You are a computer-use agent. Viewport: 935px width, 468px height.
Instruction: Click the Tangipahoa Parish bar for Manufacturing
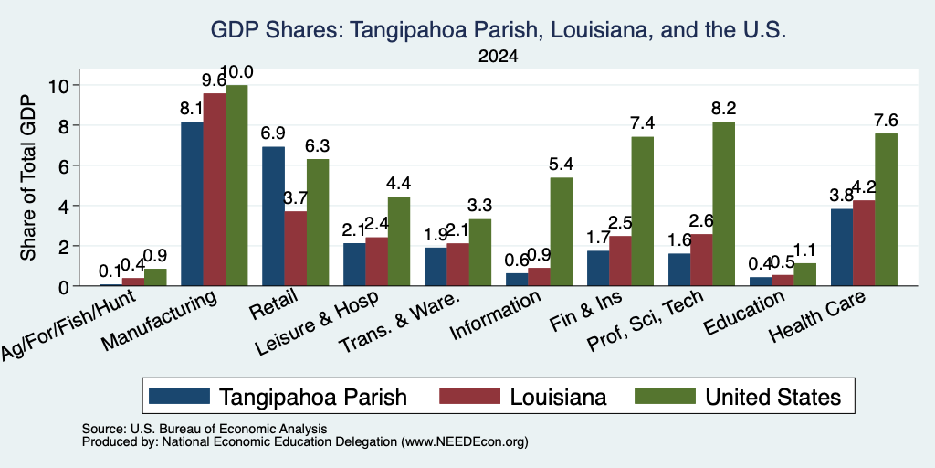[192, 204]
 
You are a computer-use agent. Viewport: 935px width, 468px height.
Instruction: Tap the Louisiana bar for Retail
[296, 249]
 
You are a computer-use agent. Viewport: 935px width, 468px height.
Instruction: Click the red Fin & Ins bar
[621, 261]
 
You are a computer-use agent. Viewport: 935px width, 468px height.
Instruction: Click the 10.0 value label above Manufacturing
[236, 72]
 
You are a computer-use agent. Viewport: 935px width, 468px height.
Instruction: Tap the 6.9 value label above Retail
[274, 133]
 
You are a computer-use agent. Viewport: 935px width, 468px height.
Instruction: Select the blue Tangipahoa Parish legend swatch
[180, 396]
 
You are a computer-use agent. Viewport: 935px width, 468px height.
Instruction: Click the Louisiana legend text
[558, 397]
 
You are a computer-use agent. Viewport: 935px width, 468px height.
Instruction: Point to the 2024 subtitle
[498, 57]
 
